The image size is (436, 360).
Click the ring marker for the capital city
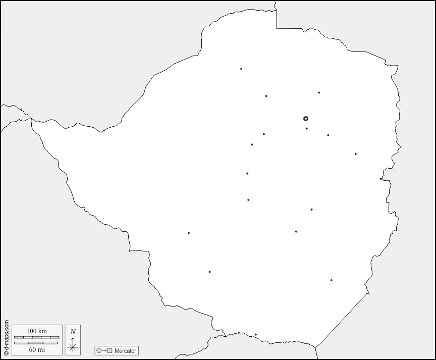coord(305,119)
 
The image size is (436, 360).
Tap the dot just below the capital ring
coord(306,128)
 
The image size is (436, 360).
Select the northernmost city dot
coord(241,69)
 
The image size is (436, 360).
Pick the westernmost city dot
coord(189,233)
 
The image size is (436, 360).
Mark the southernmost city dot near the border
coord(255,334)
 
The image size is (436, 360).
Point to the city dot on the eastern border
coord(381,178)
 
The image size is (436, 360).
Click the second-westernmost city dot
coord(209,272)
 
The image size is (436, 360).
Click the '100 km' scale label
coord(36,331)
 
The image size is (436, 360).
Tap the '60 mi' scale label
coord(36,349)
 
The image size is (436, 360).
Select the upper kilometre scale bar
coord(36,337)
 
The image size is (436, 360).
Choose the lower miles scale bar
coord(36,343)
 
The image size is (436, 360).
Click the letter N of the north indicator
coord(73,332)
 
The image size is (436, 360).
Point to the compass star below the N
coord(73,346)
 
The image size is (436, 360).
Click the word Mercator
coord(125,350)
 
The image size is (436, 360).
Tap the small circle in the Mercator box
coord(99,350)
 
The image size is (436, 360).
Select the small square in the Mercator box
coord(110,350)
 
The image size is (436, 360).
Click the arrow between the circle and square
coord(104,350)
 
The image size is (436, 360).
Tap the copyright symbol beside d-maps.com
coord(6,353)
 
